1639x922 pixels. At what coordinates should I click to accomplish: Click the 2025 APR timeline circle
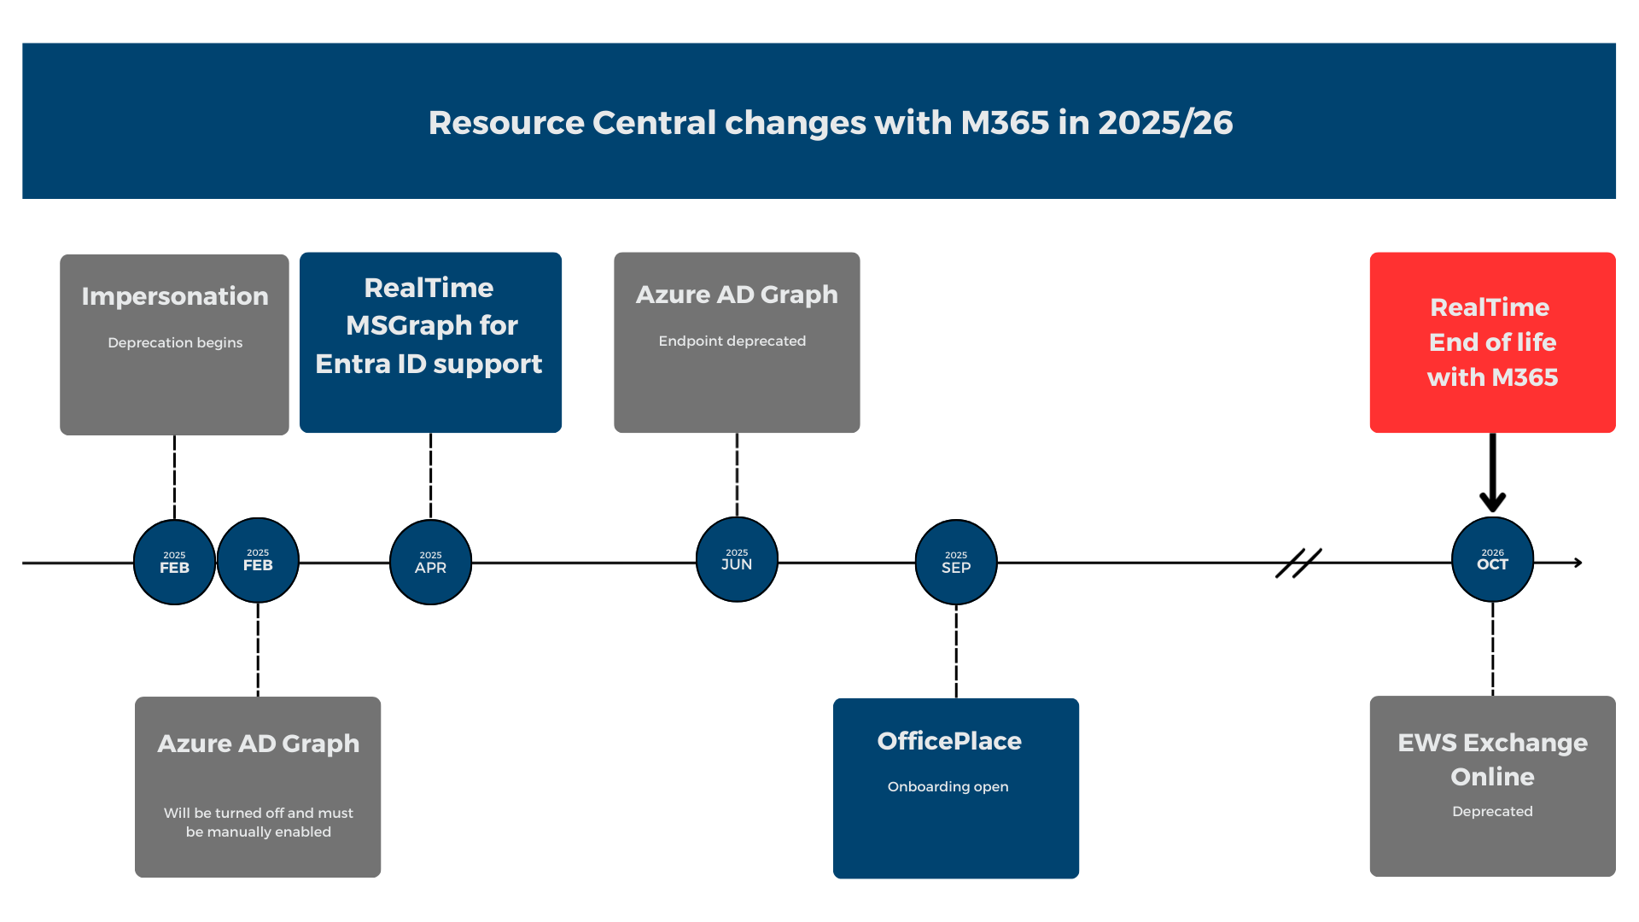[x=430, y=562]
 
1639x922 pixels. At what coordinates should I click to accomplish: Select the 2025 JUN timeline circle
[x=737, y=559]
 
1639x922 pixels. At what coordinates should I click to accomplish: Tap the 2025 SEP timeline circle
[x=956, y=562]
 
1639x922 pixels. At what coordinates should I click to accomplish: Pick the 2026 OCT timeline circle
[x=1492, y=559]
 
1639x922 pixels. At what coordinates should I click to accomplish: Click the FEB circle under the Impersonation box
[x=174, y=562]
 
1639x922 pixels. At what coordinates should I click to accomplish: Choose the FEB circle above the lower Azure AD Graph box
[x=258, y=559]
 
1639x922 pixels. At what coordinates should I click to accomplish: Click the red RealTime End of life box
[x=1492, y=342]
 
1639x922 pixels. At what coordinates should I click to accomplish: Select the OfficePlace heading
[x=949, y=741]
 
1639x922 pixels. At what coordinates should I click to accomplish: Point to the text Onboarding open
[x=948, y=786]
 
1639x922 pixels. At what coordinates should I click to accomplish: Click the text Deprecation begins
[x=175, y=342]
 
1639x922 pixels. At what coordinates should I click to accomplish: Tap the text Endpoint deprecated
[x=732, y=341]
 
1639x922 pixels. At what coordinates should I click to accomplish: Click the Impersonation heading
[x=175, y=296]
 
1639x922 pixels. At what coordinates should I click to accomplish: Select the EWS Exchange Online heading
[x=1492, y=759]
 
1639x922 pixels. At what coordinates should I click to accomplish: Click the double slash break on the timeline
[x=1298, y=563]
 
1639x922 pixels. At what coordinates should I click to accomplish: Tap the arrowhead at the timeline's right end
[x=1578, y=563]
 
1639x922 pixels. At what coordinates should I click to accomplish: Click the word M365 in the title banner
[x=1005, y=122]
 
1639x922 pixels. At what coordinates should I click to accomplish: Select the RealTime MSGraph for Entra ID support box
[x=430, y=342]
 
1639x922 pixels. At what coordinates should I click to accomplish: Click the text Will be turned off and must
[x=259, y=813]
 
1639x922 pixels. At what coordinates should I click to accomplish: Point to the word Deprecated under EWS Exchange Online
[x=1492, y=811]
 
